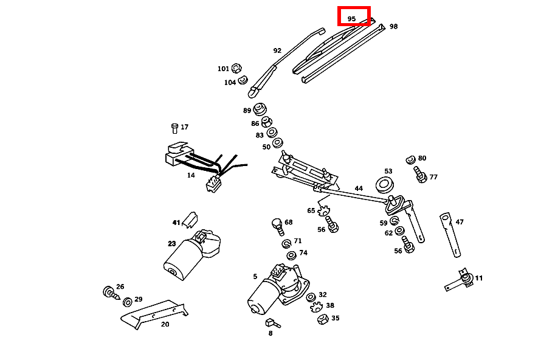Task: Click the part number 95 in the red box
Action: click(x=352, y=19)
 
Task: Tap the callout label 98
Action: click(x=393, y=27)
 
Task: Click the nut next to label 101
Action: click(x=236, y=68)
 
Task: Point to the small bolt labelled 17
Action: click(x=174, y=128)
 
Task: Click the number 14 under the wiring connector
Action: click(x=191, y=175)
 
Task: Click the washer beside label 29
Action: click(x=128, y=302)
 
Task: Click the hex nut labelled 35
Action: click(x=323, y=319)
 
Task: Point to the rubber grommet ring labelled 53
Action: click(x=385, y=183)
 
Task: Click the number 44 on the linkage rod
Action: click(x=359, y=189)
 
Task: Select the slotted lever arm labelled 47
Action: click(x=450, y=234)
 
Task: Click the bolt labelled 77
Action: click(x=419, y=175)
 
